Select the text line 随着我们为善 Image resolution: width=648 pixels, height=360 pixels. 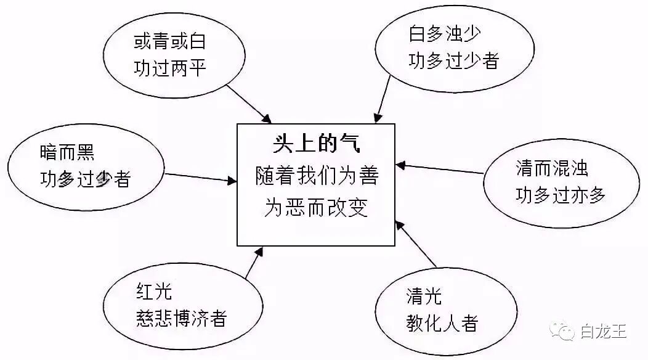pos(317,177)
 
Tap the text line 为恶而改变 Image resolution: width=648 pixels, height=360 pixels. pos(317,207)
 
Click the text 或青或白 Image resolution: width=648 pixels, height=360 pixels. pos(169,42)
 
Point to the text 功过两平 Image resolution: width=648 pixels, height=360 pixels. pos(169,67)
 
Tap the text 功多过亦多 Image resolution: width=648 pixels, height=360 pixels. pos(561,195)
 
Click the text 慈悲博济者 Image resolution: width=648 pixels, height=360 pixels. pos(181,319)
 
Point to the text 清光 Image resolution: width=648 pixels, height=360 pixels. pos(424,297)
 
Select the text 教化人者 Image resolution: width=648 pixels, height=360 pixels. pos(441,322)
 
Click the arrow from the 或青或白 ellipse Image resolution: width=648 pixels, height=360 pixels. pos(249,102)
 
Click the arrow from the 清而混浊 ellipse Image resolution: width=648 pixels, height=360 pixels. pos(440,169)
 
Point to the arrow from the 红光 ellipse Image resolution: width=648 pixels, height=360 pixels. pos(254,263)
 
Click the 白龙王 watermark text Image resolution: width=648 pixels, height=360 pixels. pos(602,332)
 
